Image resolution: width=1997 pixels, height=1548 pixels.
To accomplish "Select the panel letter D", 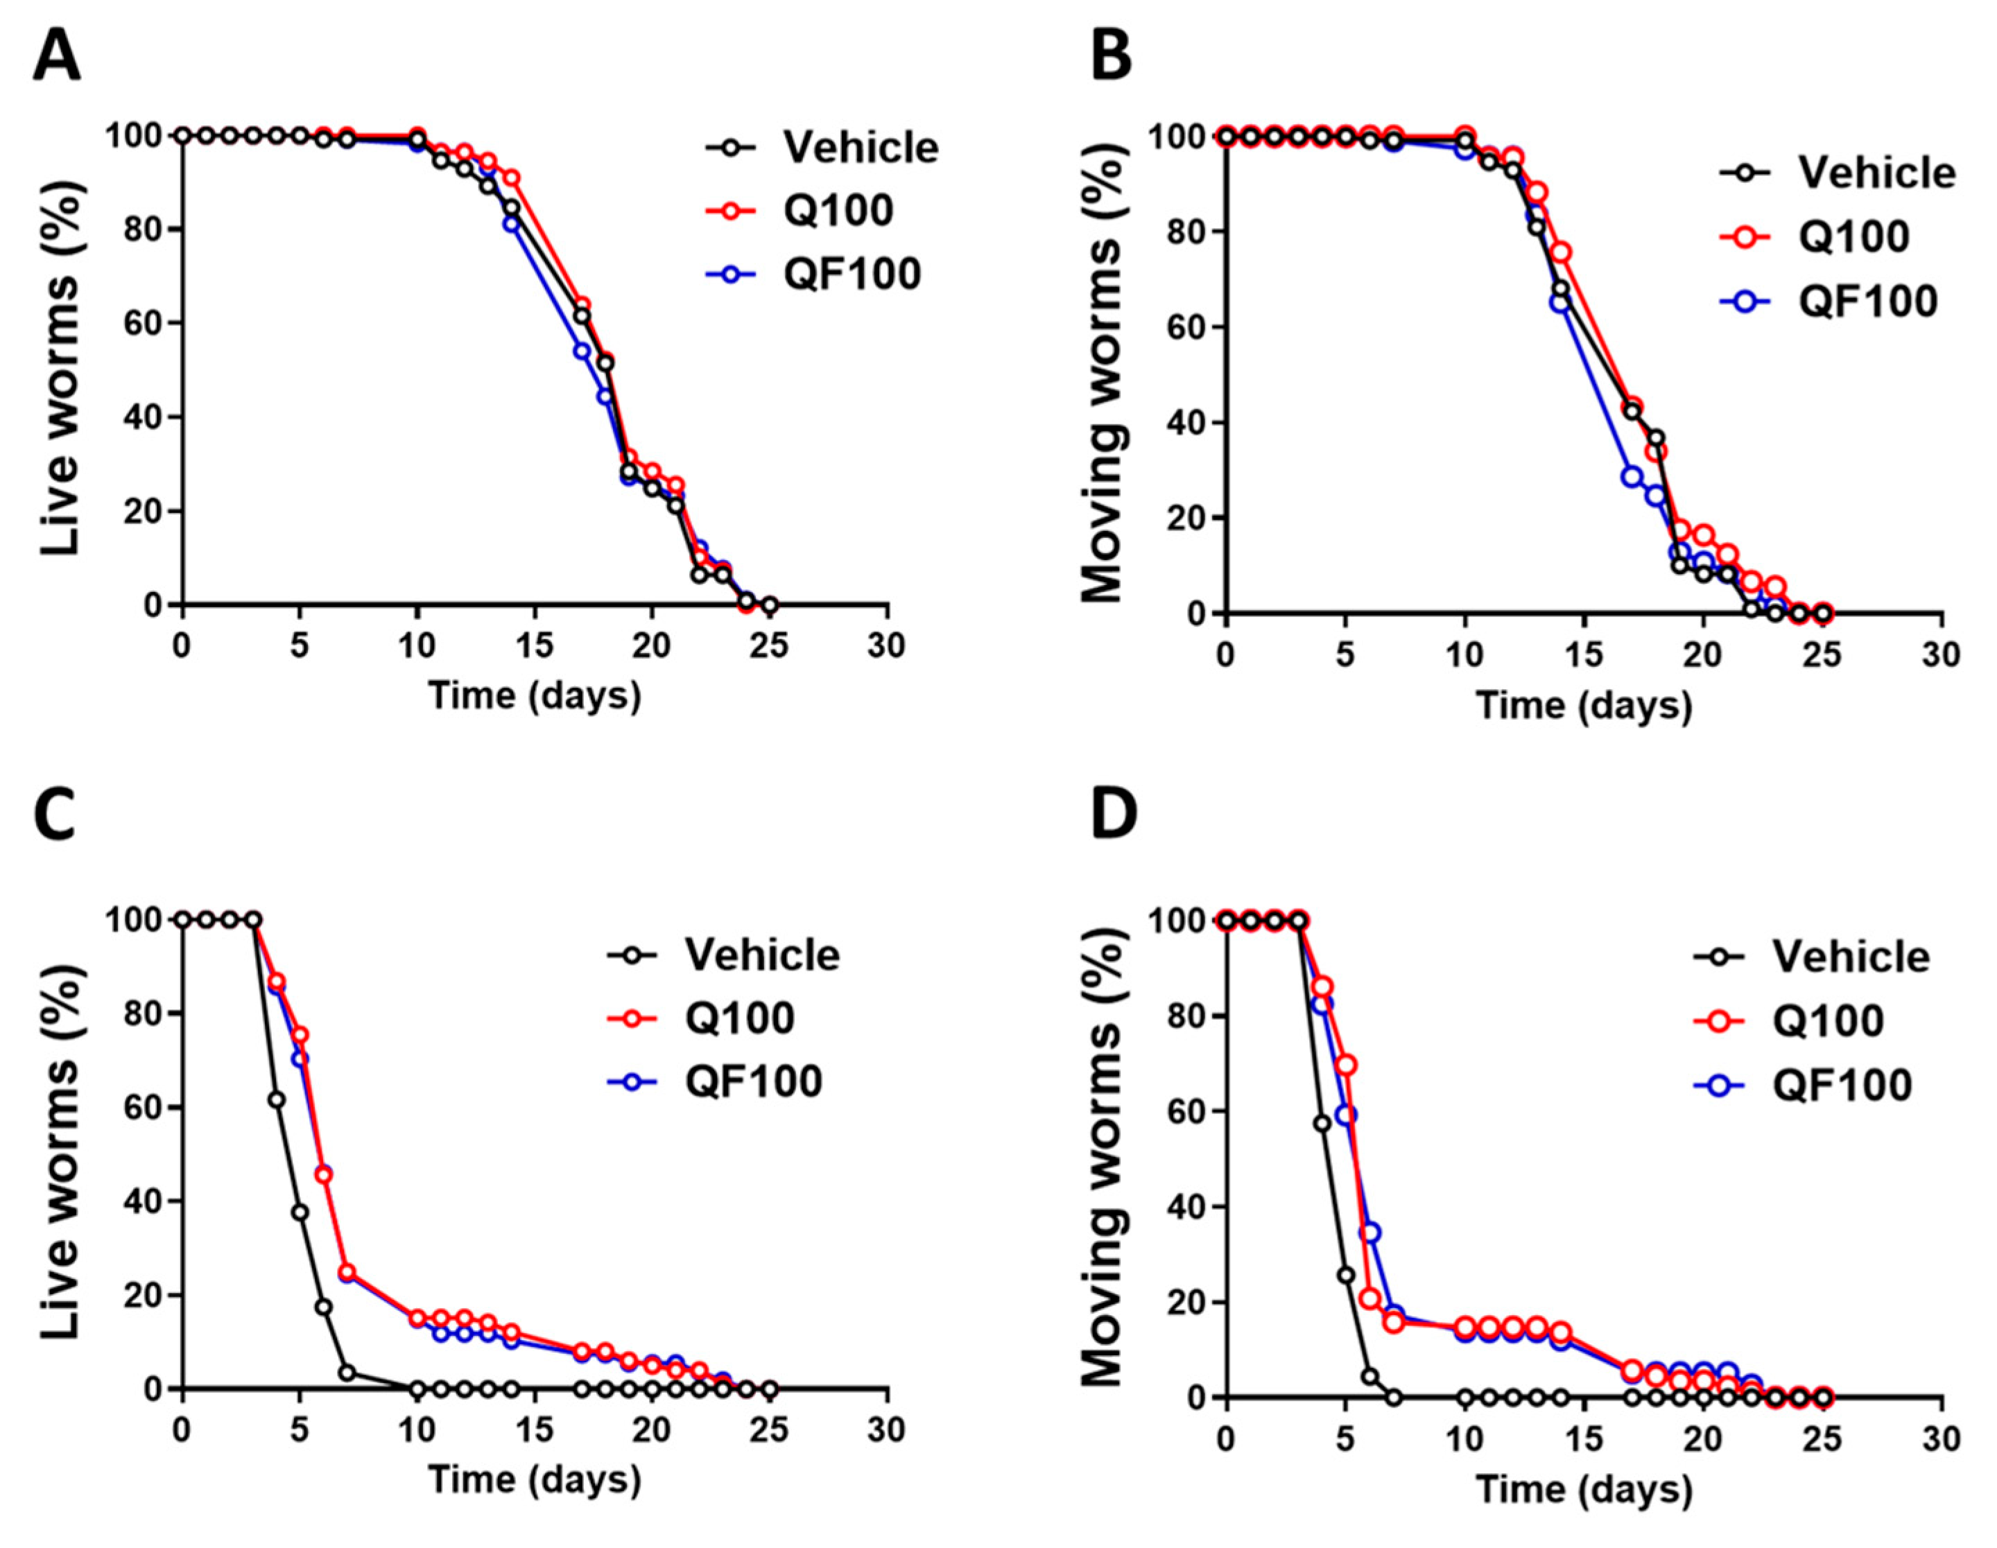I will [x=1114, y=817].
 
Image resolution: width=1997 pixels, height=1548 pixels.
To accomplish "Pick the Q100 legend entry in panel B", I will [x=1854, y=237].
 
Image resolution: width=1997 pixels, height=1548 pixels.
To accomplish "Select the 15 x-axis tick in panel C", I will [x=535, y=1429].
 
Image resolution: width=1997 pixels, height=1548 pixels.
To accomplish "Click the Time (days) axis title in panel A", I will [x=535, y=696].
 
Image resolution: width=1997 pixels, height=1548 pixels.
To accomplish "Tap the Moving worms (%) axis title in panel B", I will [x=1105, y=375].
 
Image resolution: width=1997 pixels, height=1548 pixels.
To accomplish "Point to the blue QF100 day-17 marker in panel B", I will [x=1632, y=476].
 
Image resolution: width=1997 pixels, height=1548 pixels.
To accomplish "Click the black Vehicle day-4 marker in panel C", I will [x=276, y=1099].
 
